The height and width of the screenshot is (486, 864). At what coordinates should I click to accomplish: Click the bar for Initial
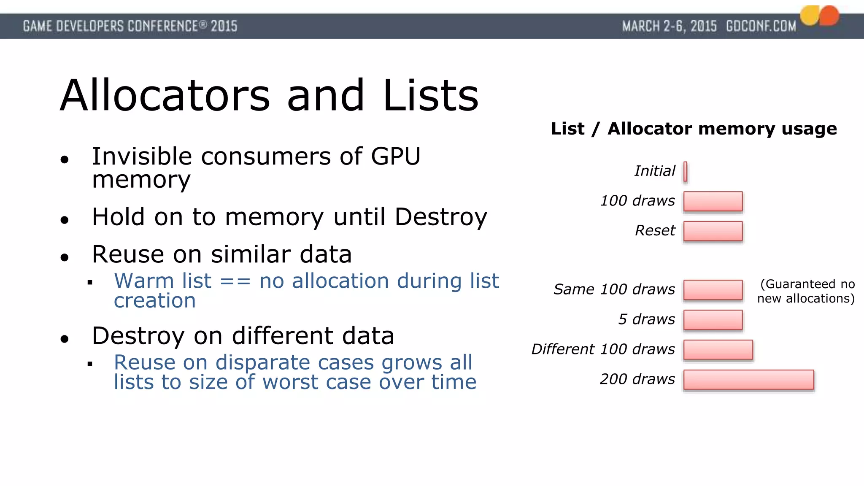[685, 172]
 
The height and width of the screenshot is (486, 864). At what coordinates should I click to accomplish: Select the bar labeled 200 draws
[748, 380]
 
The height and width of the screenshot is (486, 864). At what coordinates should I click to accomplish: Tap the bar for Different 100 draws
[718, 350]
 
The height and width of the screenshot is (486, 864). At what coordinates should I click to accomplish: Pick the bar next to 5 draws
[713, 320]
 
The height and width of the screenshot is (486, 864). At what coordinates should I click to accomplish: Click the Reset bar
[713, 231]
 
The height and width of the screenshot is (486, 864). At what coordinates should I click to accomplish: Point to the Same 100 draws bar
[713, 290]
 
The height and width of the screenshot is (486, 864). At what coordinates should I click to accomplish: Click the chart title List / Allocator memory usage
[694, 129]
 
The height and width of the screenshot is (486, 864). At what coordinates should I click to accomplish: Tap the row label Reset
[655, 231]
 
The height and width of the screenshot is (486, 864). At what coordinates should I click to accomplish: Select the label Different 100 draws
[603, 349]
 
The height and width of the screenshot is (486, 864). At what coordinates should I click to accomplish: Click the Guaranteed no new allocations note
[806, 291]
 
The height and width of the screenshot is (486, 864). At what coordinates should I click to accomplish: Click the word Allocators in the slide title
[165, 96]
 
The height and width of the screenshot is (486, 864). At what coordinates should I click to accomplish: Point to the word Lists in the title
[431, 96]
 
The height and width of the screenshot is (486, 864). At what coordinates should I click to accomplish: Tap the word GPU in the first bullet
[395, 157]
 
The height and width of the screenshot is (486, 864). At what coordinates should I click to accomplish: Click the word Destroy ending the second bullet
[441, 217]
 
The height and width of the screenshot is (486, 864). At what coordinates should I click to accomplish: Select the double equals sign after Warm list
[235, 281]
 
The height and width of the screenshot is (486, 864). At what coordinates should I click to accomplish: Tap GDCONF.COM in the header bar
[761, 27]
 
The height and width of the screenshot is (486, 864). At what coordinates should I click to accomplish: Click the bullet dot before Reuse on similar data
[65, 257]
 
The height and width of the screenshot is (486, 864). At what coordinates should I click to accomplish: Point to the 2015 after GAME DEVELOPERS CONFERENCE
[224, 27]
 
